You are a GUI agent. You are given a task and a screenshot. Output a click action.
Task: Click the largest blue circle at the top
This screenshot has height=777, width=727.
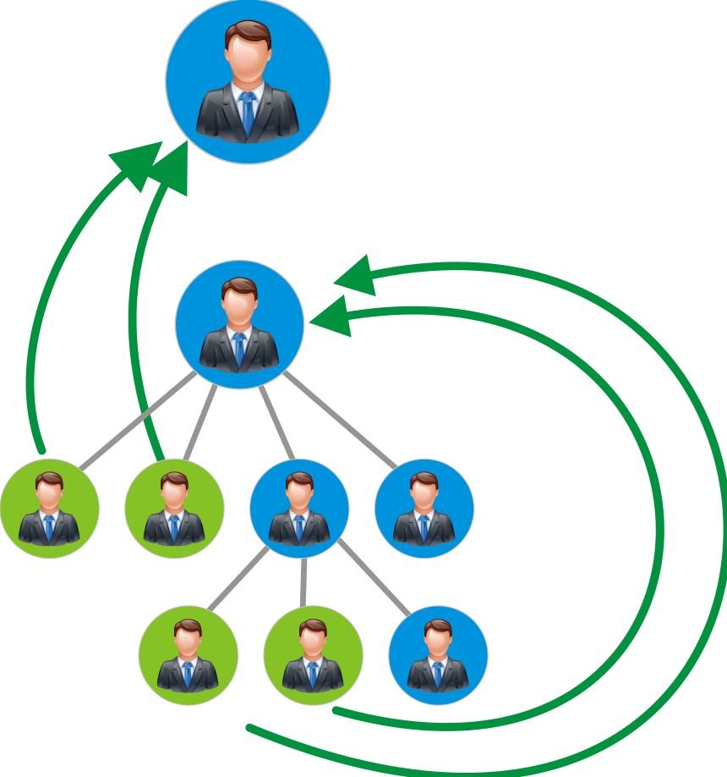click(248, 81)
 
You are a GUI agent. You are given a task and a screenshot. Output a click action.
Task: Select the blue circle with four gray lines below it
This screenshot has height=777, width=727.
click(239, 324)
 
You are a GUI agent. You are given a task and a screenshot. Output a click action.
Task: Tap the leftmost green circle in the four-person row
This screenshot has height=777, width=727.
click(49, 508)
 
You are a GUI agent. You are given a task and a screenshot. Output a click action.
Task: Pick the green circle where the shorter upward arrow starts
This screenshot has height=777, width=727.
click(174, 508)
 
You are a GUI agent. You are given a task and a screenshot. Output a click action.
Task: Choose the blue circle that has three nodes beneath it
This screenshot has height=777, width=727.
click(299, 508)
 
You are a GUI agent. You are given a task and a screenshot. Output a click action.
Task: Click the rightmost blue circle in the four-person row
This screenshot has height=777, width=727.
click(424, 508)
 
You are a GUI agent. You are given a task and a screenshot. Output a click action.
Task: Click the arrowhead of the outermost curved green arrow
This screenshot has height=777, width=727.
click(354, 275)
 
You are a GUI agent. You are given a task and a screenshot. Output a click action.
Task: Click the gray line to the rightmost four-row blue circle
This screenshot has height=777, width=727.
click(338, 419)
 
